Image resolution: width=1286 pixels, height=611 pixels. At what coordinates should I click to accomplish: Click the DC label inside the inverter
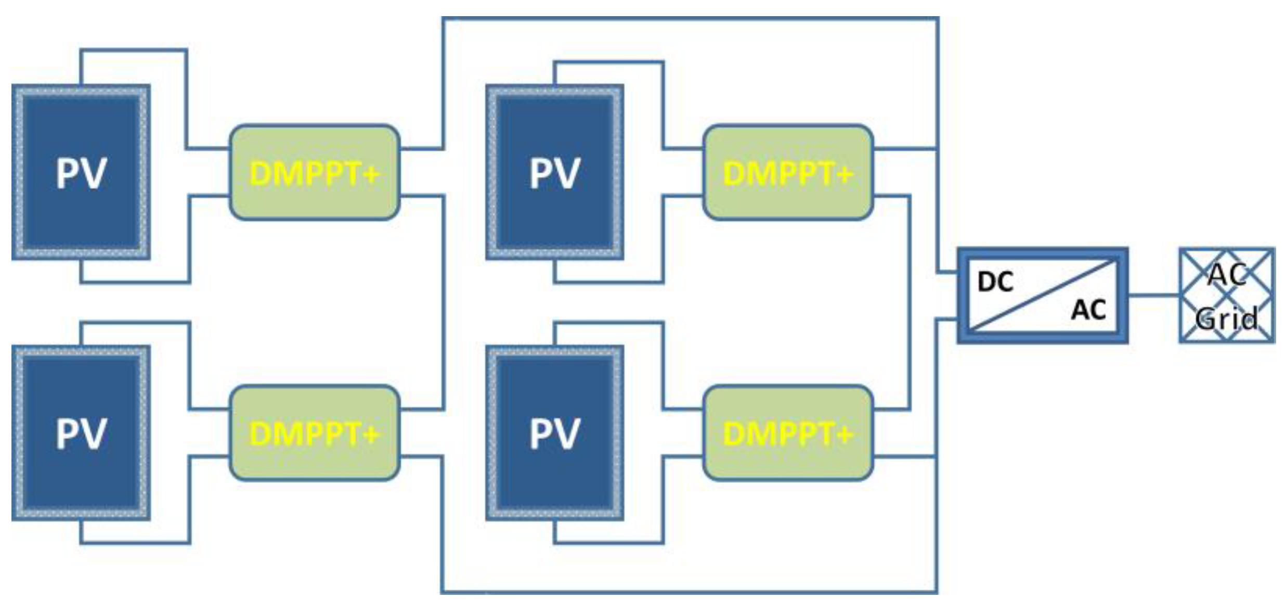pyautogui.click(x=995, y=282)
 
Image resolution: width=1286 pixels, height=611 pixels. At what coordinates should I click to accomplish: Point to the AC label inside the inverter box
pyautogui.click(x=1088, y=310)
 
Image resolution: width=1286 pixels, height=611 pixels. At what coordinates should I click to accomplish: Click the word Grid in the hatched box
pyautogui.click(x=1227, y=318)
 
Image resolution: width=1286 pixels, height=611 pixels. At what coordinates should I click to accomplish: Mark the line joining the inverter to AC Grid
pyautogui.click(x=1153, y=295)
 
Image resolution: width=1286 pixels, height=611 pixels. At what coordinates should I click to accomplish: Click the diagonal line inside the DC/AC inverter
pyautogui.click(x=1043, y=296)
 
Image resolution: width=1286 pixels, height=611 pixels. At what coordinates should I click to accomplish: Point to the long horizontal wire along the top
pyautogui.click(x=692, y=19)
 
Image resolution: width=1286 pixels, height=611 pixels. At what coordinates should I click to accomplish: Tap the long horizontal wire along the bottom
pyautogui.click(x=692, y=592)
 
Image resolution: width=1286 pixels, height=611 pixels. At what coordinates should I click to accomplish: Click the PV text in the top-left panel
pyautogui.click(x=81, y=173)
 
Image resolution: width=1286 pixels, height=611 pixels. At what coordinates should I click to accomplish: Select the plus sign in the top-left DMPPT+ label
pyautogui.click(x=371, y=173)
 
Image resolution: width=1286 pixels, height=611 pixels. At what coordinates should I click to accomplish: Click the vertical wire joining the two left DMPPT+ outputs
pyautogui.click(x=443, y=302)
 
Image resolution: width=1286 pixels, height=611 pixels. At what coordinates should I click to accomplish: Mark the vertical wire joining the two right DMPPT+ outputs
pyautogui.click(x=909, y=302)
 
